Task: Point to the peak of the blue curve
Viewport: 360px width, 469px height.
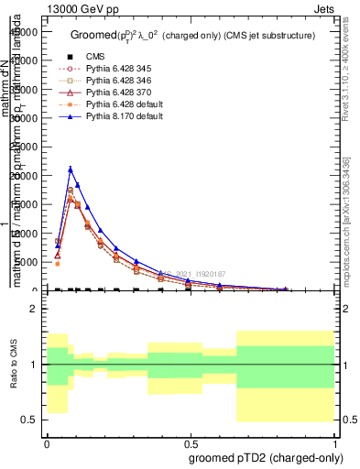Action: [71, 169]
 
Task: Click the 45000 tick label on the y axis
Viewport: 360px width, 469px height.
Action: [26, 32]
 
